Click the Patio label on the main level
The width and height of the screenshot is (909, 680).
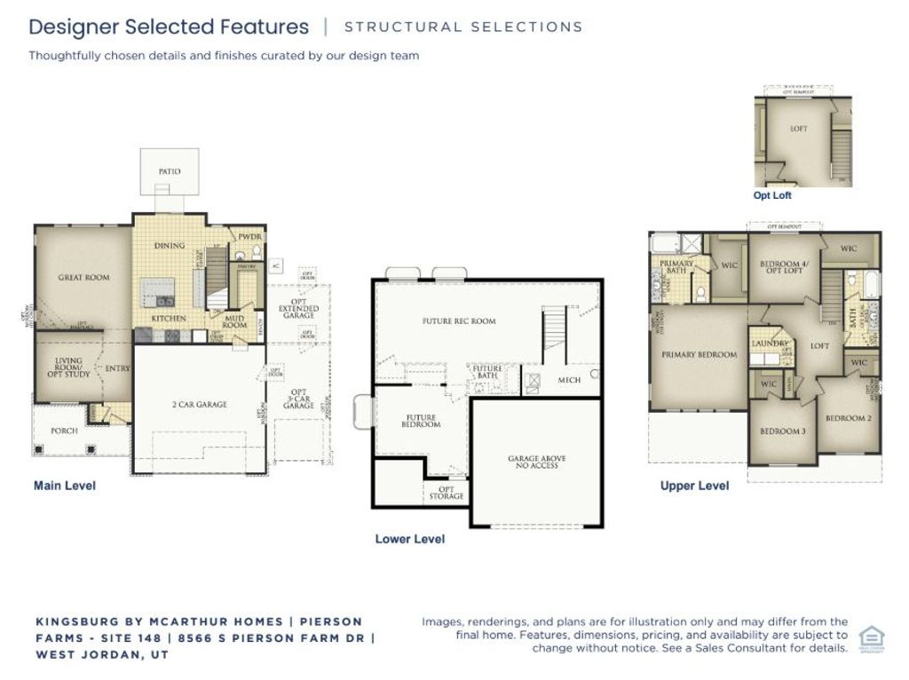point(170,171)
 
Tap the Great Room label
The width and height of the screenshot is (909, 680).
point(83,278)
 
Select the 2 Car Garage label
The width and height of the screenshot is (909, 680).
point(199,405)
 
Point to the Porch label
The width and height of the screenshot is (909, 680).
point(64,431)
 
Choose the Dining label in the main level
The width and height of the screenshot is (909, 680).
point(170,246)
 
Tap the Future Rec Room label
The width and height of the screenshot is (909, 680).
point(459,321)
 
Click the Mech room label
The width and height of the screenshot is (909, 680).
point(569,380)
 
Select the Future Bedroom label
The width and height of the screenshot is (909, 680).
point(423,421)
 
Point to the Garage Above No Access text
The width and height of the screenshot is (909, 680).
point(536,462)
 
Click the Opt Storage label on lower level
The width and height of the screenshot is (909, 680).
point(447,492)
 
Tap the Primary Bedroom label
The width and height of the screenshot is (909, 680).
point(700,355)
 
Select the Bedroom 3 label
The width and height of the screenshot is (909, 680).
point(782,432)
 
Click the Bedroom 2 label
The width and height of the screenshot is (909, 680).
point(848,418)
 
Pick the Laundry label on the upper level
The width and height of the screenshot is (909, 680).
point(770,344)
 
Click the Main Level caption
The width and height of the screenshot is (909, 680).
point(65,486)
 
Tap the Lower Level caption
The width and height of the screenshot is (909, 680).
point(410,539)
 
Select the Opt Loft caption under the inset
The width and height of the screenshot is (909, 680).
point(772,195)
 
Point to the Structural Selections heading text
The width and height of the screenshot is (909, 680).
point(462,27)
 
